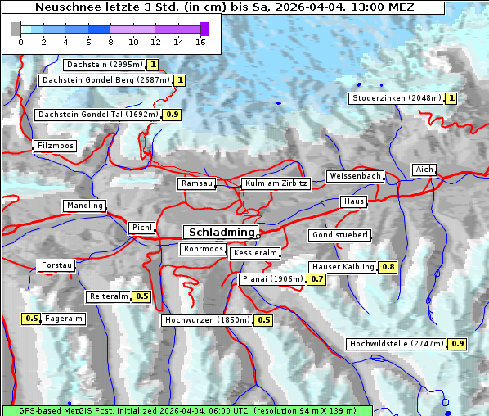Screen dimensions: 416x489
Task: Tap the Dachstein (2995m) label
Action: pos(105,65)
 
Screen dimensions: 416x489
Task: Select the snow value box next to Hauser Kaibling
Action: pos(388,267)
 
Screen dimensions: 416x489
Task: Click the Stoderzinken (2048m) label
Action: pos(397,98)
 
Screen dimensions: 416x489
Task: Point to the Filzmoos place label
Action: pos(55,147)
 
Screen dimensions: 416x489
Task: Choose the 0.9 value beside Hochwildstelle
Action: pos(457,344)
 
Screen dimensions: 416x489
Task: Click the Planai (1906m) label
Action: pos(272,279)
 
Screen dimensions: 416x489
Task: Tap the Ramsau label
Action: pos(197,184)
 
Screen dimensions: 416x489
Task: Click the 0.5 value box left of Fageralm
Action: pos(32,319)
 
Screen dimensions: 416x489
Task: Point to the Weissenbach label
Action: pos(355,176)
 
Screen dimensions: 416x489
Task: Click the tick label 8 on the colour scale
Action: pos(110,42)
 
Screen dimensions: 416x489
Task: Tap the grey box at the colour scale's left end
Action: pos(16,29)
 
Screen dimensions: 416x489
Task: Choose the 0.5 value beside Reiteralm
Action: pos(142,296)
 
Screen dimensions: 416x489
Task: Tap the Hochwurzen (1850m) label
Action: pos(207,320)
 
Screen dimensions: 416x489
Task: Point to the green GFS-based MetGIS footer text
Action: pos(186,410)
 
